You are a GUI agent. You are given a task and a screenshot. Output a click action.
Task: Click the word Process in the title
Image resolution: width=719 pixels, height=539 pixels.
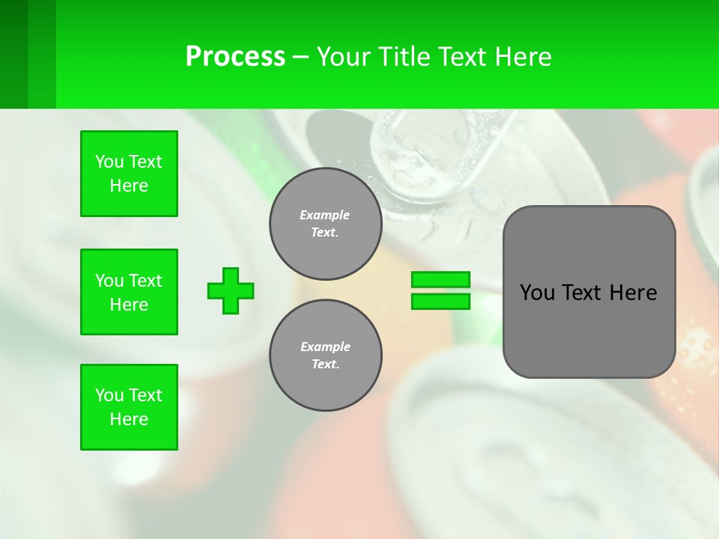pos(235,57)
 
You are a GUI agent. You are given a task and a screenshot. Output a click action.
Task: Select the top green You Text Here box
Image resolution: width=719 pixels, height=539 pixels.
pos(129,174)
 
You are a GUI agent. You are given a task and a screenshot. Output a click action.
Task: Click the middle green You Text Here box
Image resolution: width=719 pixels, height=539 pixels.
pos(129,292)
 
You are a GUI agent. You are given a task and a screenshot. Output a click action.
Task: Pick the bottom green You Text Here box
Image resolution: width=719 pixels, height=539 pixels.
pos(129,407)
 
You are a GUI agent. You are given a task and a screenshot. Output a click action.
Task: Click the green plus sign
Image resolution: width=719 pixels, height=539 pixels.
pos(231,290)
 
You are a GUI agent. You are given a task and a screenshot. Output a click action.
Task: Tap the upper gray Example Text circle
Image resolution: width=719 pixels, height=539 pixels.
pos(325,223)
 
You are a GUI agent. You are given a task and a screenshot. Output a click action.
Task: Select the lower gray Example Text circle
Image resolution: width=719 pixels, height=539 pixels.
pos(325,355)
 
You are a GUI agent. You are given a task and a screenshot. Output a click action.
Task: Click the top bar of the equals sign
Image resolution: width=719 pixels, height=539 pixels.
pos(440,279)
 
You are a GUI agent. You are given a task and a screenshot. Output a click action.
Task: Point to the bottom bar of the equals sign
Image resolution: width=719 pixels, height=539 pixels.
pos(440,301)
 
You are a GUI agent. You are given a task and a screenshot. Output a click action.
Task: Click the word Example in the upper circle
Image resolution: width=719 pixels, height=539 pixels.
pos(324,215)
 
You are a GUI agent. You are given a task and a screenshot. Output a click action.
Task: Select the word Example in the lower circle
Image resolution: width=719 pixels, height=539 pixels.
pos(325,347)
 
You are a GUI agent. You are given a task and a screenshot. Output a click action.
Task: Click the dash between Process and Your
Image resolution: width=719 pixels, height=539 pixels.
pos(300,58)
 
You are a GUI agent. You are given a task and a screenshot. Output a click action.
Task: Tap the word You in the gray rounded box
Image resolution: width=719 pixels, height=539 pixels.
pos(537,293)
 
